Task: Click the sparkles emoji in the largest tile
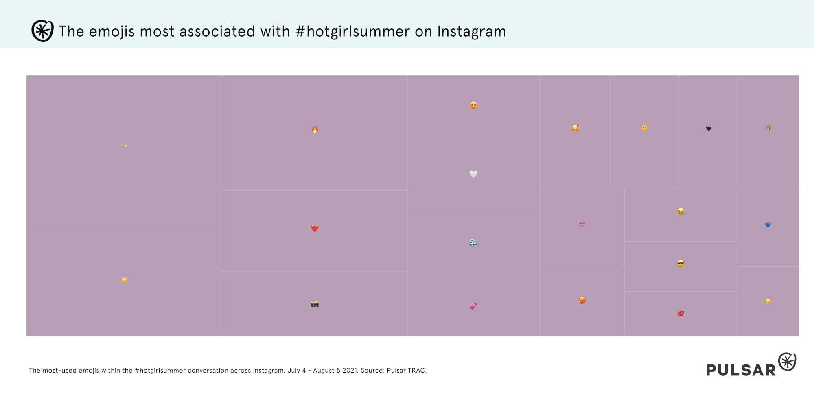pos(124,146)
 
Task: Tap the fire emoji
pos(315,129)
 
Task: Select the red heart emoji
pos(315,228)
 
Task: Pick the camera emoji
pos(315,304)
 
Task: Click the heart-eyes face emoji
pos(473,105)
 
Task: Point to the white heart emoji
pos(473,174)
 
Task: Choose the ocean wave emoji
pos(473,242)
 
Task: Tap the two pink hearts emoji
pos(473,306)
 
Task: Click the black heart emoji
pos(709,128)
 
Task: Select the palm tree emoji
pos(769,128)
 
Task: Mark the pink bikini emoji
pos(582,224)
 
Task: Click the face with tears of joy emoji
pos(681,212)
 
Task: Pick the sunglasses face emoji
pos(681,264)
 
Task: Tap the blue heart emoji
pos(768,225)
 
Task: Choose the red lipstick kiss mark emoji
pos(681,313)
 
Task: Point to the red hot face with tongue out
pos(582,300)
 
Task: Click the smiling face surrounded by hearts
pos(575,128)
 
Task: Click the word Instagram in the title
pos(471,31)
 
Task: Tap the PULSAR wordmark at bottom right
pos(741,370)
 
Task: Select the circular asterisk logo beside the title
pos(42,31)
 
